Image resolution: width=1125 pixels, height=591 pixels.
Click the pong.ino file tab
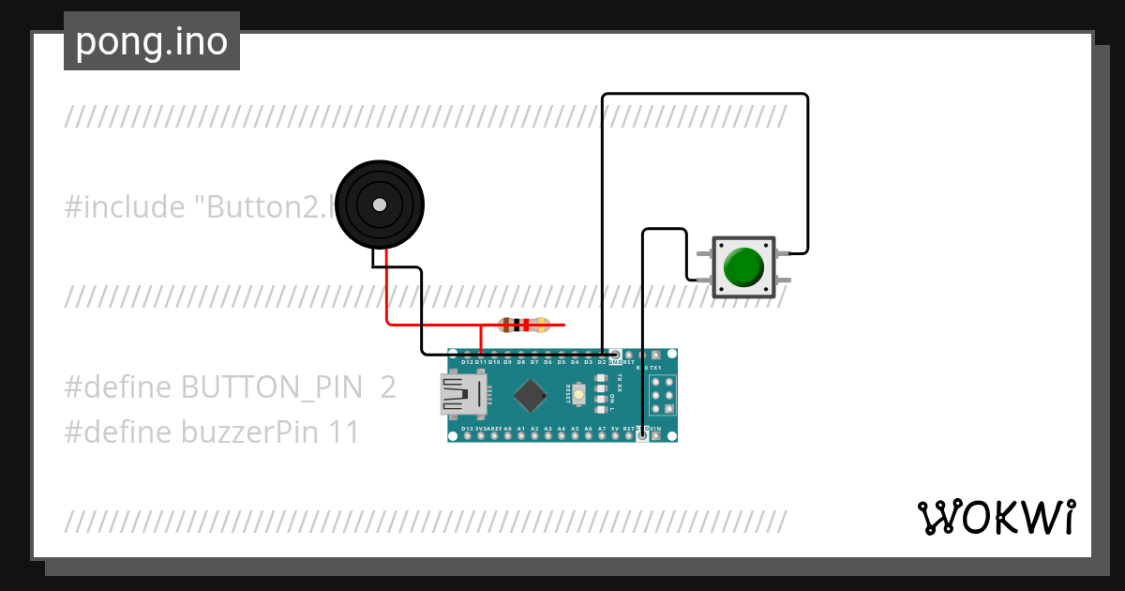point(151,41)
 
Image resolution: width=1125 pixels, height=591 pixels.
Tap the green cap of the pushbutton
point(744,267)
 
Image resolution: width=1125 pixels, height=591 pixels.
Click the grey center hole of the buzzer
point(379,205)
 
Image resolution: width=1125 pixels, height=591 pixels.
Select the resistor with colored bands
point(524,326)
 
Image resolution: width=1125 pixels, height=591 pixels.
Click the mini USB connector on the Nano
point(464,395)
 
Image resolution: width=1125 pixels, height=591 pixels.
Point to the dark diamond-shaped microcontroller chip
point(531,395)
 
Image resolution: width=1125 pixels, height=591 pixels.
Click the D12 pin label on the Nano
point(467,361)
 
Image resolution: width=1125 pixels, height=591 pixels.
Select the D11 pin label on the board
point(480,361)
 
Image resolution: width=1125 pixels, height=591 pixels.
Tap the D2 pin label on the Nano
point(601,361)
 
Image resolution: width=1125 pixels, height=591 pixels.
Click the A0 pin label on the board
point(507,429)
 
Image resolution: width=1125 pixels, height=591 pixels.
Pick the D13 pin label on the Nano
point(467,429)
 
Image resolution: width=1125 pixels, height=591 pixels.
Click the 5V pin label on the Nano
point(615,429)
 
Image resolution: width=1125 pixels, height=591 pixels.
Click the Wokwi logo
point(996,517)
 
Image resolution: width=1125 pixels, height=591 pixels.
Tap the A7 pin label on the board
point(601,429)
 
